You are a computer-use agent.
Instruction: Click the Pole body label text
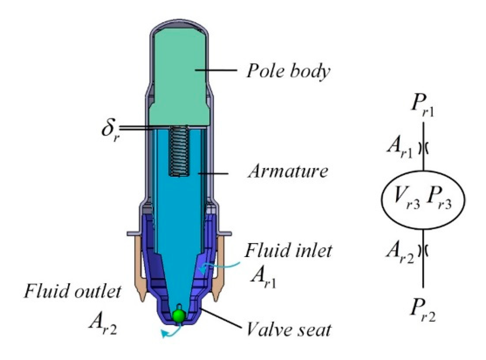pos(288,71)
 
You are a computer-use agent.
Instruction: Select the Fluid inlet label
pos(288,250)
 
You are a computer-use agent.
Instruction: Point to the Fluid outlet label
pos(73,291)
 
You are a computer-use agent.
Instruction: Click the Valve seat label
pos(289,329)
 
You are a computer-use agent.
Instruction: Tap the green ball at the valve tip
pos(179,316)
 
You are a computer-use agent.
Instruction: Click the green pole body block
pos(179,77)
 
